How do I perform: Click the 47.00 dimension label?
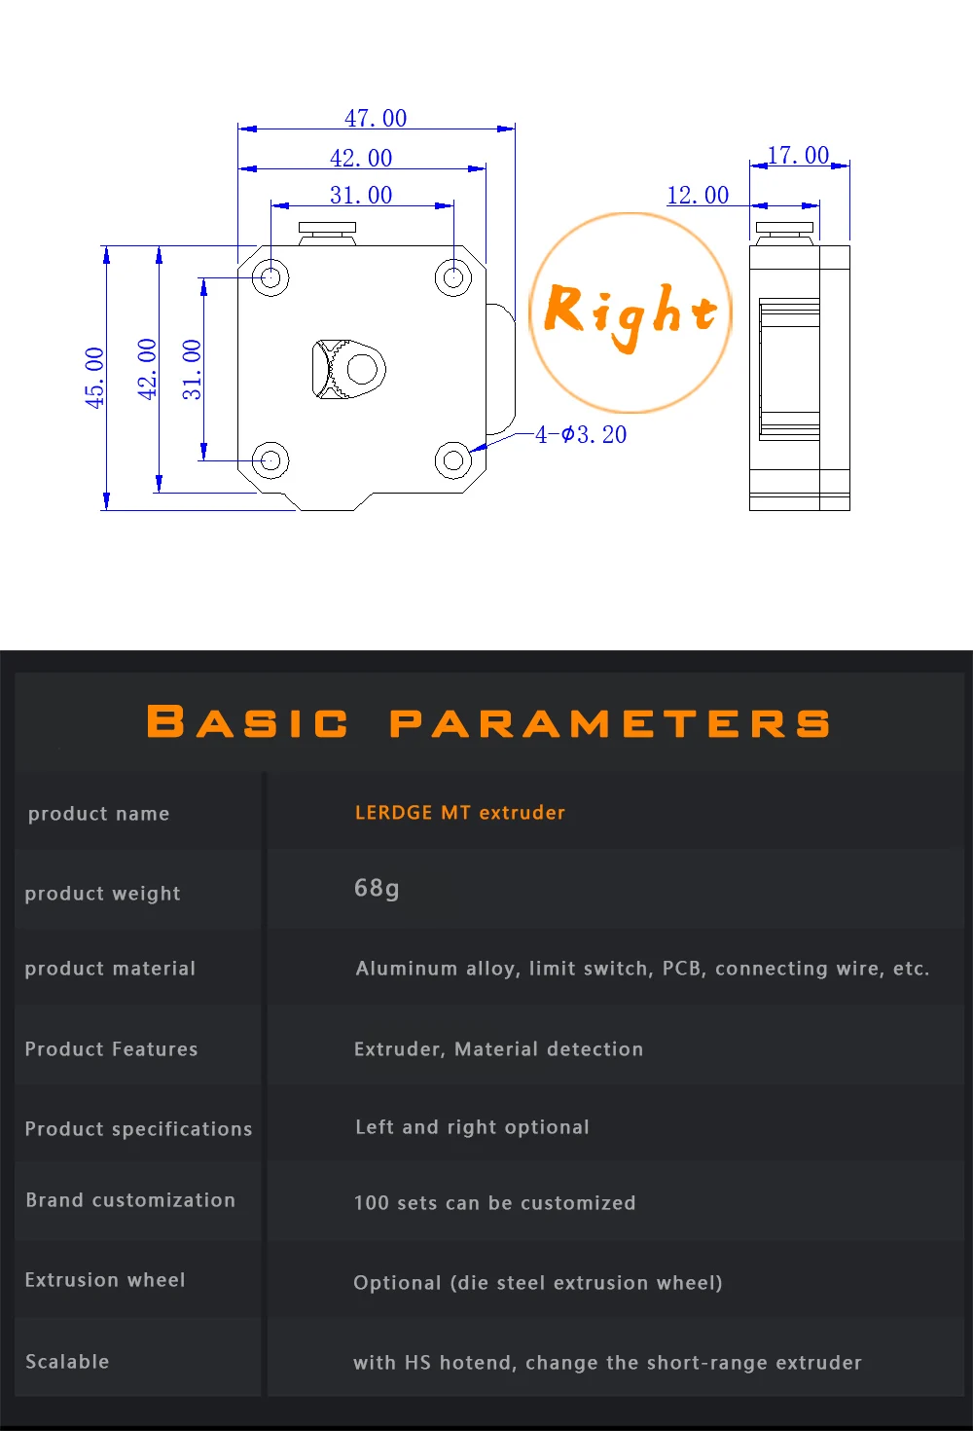tap(376, 118)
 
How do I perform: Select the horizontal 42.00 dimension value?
tap(361, 158)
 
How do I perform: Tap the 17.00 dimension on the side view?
tap(798, 155)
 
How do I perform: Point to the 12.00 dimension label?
tap(698, 195)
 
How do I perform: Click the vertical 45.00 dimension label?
tap(94, 377)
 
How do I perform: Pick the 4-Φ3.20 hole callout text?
tap(581, 434)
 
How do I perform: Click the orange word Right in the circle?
tap(631, 312)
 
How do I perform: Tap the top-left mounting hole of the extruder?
tap(270, 277)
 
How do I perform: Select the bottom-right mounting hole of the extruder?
tap(452, 459)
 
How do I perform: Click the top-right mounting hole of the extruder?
tap(452, 277)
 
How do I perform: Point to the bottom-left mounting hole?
tap(270, 459)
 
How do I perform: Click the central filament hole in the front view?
tap(362, 369)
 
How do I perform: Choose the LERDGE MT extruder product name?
tap(459, 812)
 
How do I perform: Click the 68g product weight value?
tap(377, 888)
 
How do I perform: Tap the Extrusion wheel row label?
tap(105, 1280)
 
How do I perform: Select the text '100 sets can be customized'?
tap(494, 1203)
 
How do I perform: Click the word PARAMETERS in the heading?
tap(609, 723)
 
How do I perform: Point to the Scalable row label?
tap(67, 1362)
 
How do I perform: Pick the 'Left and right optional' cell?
tap(472, 1127)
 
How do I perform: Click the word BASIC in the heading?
tap(247, 722)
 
